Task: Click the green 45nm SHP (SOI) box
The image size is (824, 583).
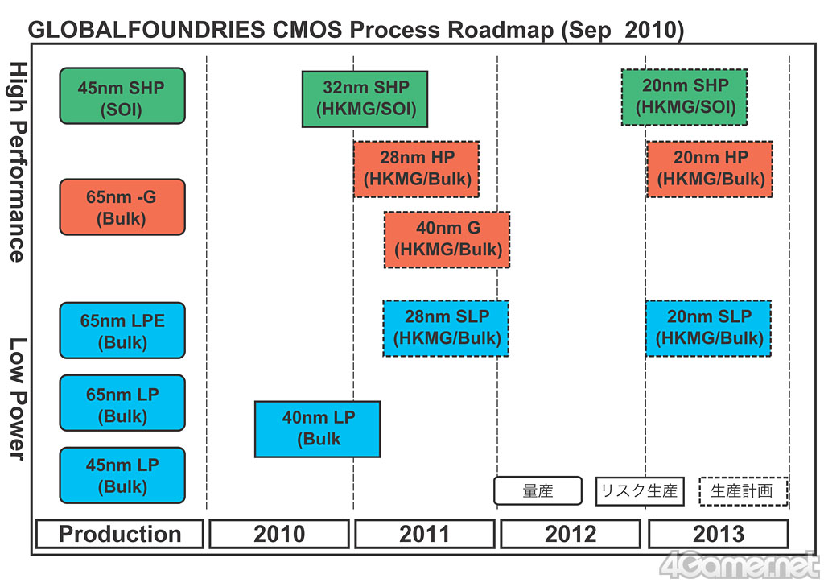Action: (x=122, y=96)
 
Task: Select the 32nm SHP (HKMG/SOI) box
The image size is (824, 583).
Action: (x=365, y=99)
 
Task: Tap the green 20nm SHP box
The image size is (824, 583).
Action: (x=684, y=97)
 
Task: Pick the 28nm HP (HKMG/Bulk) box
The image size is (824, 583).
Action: (x=416, y=169)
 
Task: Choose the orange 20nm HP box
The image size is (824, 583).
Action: (x=710, y=169)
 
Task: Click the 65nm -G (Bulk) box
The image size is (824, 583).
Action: (x=122, y=207)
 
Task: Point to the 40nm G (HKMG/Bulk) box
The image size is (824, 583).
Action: (x=447, y=239)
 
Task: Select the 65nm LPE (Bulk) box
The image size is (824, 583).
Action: (x=122, y=330)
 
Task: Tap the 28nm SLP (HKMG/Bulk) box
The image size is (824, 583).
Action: (x=446, y=328)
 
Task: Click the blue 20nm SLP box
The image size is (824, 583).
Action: (x=708, y=328)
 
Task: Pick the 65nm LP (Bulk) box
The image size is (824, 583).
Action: (x=122, y=403)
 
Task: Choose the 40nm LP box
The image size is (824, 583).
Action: (x=317, y=428)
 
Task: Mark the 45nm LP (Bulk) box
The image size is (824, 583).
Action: (x=122, y=475)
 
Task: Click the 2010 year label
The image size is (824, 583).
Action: (x=279, y=534)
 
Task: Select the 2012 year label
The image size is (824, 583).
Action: (x=571, y=534)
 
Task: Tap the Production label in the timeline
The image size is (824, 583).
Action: (x=120, y=534)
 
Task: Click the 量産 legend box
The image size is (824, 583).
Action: (x=538, y=491)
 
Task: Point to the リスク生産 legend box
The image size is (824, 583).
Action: (x=640, y=491)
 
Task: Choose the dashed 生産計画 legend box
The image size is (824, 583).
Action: (x=743, y=491)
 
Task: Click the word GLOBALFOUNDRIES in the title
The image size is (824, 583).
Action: (x=145, y=31)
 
